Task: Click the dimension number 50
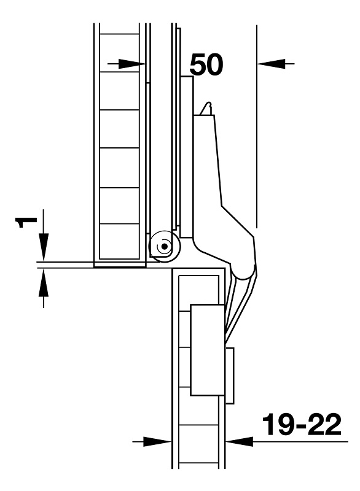click(206, 64)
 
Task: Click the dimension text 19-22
click(302, 424)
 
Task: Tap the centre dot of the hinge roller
click(163, 247)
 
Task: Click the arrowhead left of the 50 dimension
click(131, 64)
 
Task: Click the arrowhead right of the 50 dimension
click(271, 64)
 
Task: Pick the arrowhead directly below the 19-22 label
click(239, 441)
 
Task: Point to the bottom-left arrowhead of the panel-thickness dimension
click(157, 441)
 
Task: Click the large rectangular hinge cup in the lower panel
click(208, 349)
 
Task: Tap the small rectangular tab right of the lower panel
click(230, 375)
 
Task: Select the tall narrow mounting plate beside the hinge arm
click(187, 157)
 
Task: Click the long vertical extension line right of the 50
click(257, 126)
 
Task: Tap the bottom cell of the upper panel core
click(119, 241)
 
